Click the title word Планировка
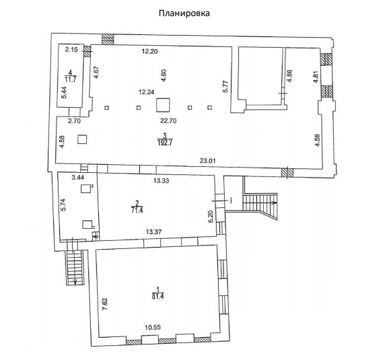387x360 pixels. tap(184, 13)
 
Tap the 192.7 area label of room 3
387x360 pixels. tap(165, 143)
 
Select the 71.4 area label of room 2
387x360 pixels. tap(137, 210)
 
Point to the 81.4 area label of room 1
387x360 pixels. tap(158, 296)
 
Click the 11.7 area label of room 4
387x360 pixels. tap(71, 79)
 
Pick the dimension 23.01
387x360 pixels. tap(208, 161)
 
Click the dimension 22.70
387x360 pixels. tap(168, 121)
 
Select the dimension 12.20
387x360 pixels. tap(149, 51)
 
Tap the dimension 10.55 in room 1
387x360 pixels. tap(153, 327)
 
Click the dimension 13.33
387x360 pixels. tap(161, 181)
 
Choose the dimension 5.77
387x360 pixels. tap(225, 87)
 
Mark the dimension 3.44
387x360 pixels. tap(78, 177)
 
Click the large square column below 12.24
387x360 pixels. tap(163, 105)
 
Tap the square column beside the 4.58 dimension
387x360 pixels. tap(82, 139)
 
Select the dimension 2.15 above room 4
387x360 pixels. tap(71, 50)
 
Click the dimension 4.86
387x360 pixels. tap(290, 76)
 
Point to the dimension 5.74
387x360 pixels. tap(63, 205)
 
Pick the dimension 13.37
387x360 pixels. tap(153, 232)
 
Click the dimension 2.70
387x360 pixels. tap(75, 121)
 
